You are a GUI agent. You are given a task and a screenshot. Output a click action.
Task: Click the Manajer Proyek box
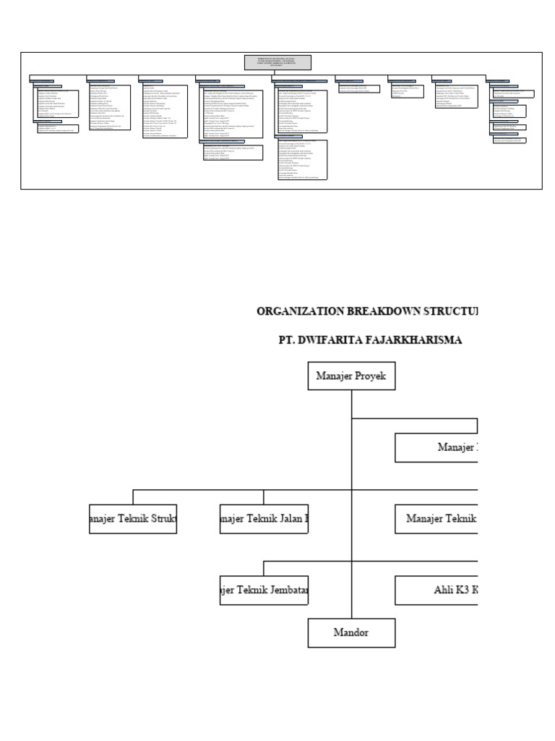[351, 375]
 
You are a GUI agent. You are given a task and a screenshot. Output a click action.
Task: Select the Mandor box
[351, 632]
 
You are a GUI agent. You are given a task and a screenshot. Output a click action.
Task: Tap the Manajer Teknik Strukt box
[133, 519]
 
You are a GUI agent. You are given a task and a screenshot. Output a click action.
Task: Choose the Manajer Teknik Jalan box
[264, 519]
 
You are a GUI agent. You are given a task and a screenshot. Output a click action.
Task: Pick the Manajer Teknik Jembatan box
[264, 590]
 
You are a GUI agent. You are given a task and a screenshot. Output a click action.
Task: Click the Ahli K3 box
[436, 590]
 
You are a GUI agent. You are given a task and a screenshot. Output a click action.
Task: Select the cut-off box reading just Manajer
[436, 447]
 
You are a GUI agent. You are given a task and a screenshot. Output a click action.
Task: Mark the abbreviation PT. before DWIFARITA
[288, 339]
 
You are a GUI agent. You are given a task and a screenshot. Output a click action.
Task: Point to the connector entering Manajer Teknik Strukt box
[133, 496]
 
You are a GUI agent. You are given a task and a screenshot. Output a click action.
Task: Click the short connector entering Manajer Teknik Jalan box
[264, 496]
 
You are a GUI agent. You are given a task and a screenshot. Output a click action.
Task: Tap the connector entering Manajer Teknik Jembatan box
[264, 567]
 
